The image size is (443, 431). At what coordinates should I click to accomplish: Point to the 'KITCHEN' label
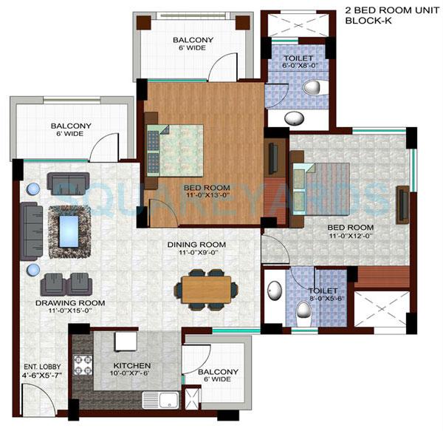(132, 365)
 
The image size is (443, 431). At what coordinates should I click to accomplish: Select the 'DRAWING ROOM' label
(69, 303)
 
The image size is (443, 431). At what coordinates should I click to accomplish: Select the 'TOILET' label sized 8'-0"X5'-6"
(323, 291)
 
